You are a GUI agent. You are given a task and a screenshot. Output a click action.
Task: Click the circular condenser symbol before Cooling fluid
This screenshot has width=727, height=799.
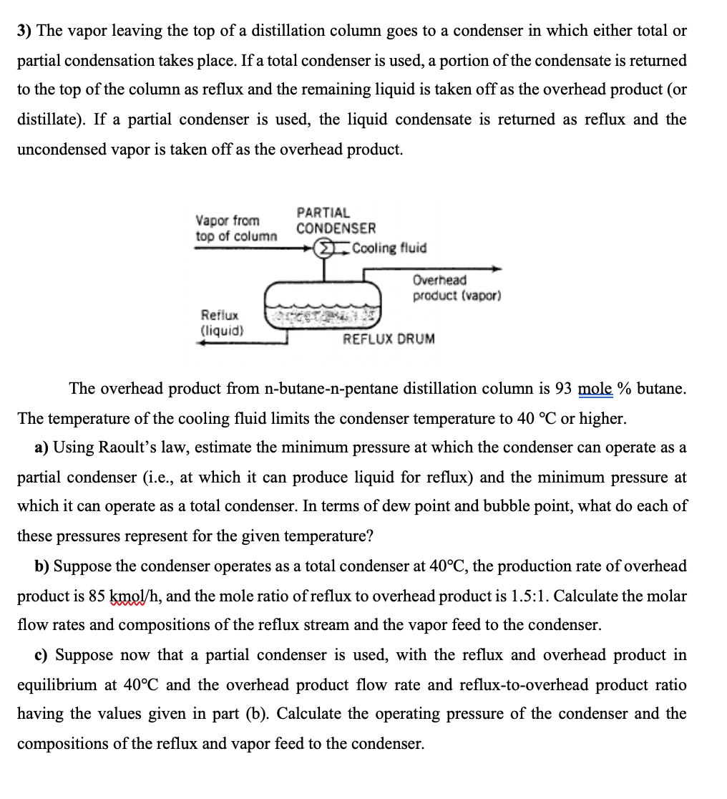click(325, 248)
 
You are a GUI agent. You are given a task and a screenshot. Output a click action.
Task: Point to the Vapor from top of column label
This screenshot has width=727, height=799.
click(236, 228)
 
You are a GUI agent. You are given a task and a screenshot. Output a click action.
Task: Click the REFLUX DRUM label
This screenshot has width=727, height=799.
click(389, 339)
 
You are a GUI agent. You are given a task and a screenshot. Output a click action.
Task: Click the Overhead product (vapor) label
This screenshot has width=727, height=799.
click(457, 288)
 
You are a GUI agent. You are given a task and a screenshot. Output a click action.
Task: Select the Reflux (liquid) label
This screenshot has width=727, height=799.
click(222, 322)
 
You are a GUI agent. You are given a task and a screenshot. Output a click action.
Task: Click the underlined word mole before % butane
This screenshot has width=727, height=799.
click(595, 389)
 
